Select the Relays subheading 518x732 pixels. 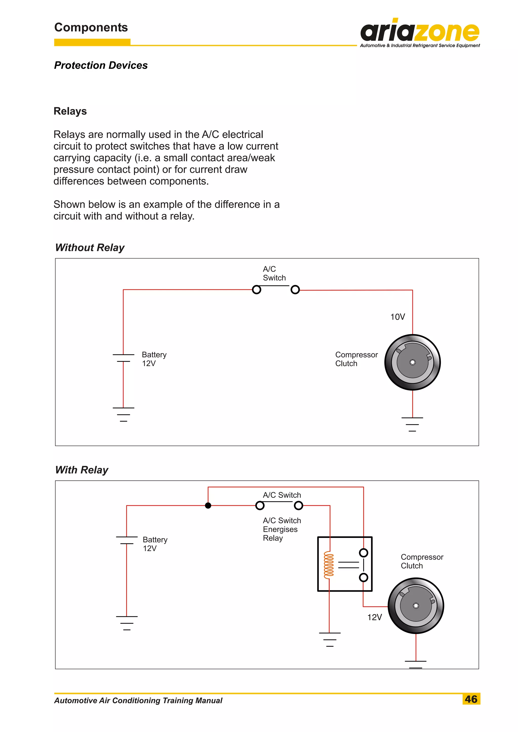pyautogui.click(x=70, y=111)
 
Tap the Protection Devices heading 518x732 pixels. pyautogui.click(x=101, y=65)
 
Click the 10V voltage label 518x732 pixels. pyautogui.click(x=397, y=317)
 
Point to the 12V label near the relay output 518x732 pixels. pyautogui.click(x=375, y=617)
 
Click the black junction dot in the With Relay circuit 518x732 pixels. pyautogui.click(x=208, y=506)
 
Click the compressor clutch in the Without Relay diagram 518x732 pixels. pyautogui.click(x=413, y=362)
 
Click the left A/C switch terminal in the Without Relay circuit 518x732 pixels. pyautogui.click(x=256, y=290)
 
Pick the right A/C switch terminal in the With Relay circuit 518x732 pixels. pyautogui.click(x=298, y=506)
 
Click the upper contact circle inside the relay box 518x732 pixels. pyautogui.click(x=363, y=553)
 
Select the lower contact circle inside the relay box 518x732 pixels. pyautogui.click(x=363, y=577)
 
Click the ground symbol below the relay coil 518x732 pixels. pyautogui.click(x=330, y=639)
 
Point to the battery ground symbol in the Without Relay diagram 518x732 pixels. pyautogui.click(x=123, y=414)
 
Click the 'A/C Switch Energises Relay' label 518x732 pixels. pyautogui.click(x=282, y=529)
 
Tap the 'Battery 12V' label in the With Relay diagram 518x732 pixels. pyautogui.click(x=155, y=544)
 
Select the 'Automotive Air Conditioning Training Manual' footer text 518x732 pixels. pyautogui.click(x=138, y=700)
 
